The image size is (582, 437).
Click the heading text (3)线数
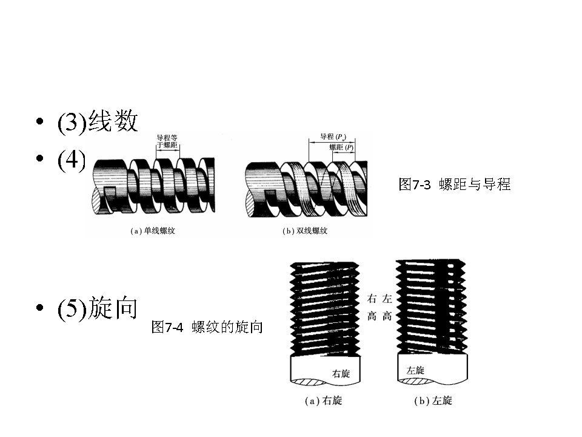(98, 122)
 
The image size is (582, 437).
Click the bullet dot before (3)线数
(40, 122)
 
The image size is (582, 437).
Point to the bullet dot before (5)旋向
(40, 308)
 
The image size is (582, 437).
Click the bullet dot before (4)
(40, 159)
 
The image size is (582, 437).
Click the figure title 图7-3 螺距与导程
(455, 185)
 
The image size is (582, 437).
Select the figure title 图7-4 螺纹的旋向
(207, 327)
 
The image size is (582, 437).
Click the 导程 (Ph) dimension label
(333, 138)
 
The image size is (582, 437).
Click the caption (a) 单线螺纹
(152, 231)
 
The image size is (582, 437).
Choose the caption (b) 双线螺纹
(305, 231)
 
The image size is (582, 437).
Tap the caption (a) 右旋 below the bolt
(323, 401)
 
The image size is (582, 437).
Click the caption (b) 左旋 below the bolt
(432, 401)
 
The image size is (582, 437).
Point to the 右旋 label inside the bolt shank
(341, 373)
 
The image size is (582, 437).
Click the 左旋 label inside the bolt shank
(415, 370)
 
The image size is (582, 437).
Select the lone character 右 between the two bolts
(373, 299)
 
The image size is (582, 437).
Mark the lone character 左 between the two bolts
(387, 299)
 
